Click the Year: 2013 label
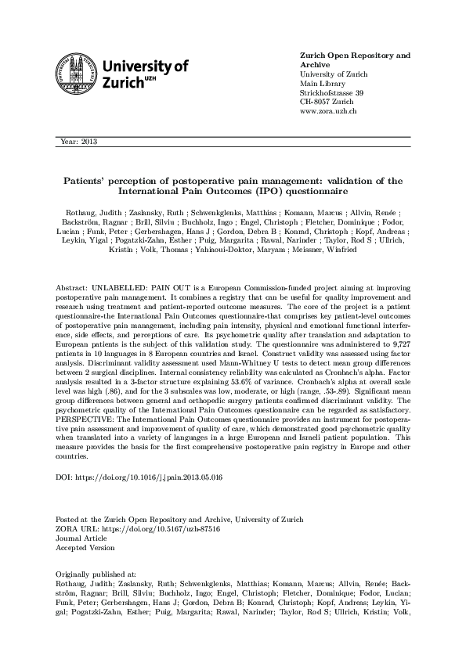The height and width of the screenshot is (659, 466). (78, 142)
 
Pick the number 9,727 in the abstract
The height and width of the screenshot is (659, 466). (399, 333)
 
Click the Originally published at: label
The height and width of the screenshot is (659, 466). (97, 574)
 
